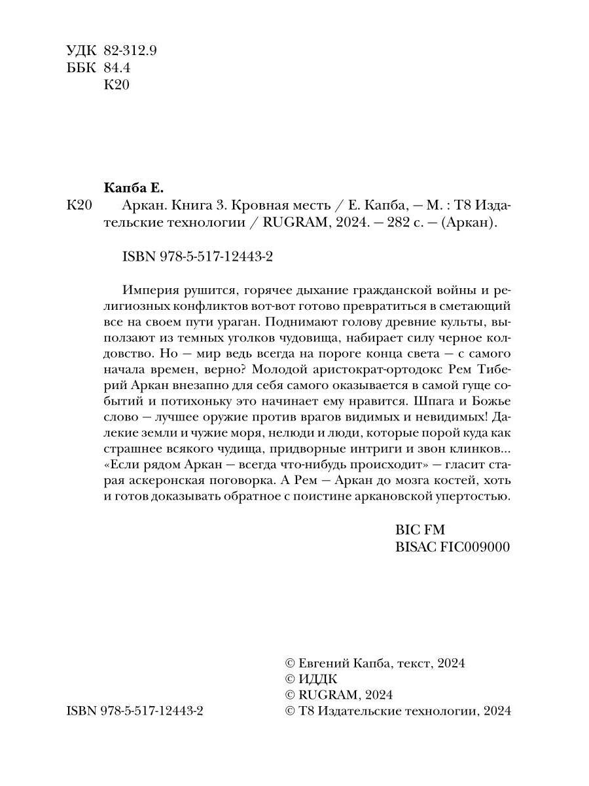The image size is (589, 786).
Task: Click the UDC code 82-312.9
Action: pos(131,50)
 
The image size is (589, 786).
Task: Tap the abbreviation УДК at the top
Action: pos(81,50)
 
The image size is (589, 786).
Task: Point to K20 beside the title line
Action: pos(80,205)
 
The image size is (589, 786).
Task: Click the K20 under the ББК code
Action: pos(118,85)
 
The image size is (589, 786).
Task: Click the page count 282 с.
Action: pos(401,223)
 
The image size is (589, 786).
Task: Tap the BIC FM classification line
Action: pos(420,530)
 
